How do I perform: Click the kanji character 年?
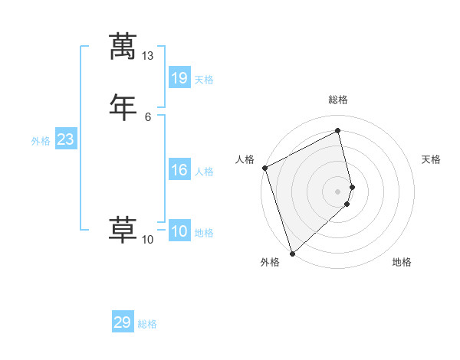(123, 106)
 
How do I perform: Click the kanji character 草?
(123, 229)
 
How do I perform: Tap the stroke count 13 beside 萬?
(147, 56)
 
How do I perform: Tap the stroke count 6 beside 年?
(147, 116)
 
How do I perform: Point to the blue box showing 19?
(179, 77)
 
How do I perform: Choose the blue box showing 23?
(65, 139)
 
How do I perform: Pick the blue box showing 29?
(123, 322)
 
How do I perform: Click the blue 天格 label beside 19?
(204, 80)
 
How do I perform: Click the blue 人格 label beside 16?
(204, 172)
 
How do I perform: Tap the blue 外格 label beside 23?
(41, 141)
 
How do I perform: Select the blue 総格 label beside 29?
(147, 325)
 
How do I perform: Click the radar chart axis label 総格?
(338, 100)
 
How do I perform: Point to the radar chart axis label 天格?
(432, 159)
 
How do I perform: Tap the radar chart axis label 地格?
(402, 263)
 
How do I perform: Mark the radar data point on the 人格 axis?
(264, 168)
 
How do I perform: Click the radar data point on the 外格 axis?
(292, 253)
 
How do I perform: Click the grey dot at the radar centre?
(338, 191)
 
